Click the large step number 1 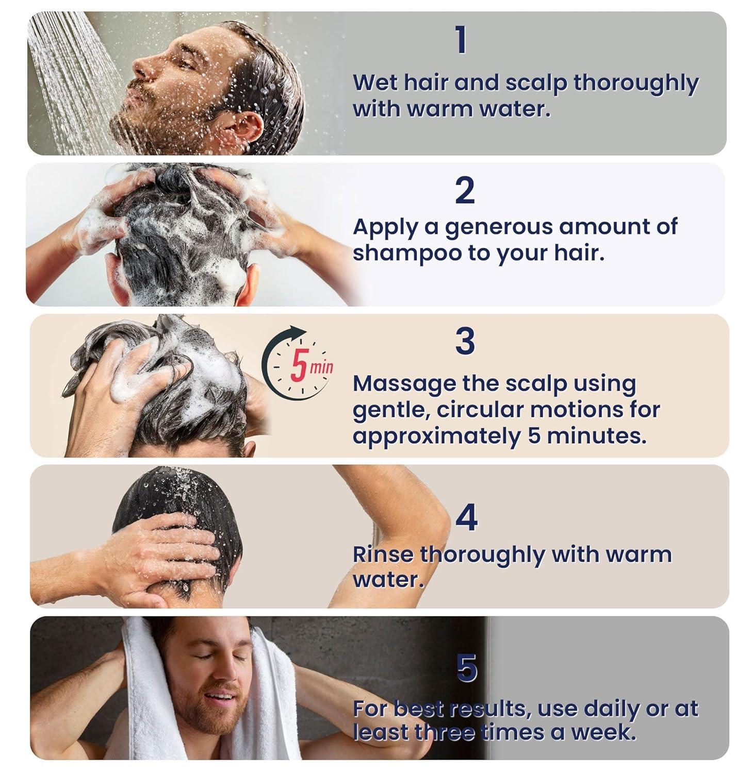click(x=461, y=40)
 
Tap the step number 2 click(x=465, y=191)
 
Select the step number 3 click(x=465, y=342)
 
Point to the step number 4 click(x=466, y=518)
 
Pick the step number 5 click(x=467, y=668)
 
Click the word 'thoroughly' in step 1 click(x=635, y=84)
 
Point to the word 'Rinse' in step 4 click(x=383, y=555)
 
